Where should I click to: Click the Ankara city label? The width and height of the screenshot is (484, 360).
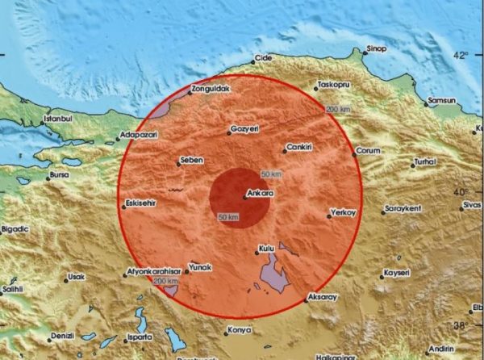click(261, 194)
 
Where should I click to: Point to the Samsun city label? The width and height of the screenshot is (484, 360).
click(442, 100)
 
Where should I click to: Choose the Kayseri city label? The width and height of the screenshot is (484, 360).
click(398, 271)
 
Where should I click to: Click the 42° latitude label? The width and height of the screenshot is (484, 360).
click(460, 55)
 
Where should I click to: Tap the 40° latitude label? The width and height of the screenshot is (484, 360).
click(460, 192)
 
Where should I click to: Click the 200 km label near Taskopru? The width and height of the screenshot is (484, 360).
click(337, 109)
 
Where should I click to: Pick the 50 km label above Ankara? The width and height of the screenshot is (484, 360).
click(272, 175)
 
